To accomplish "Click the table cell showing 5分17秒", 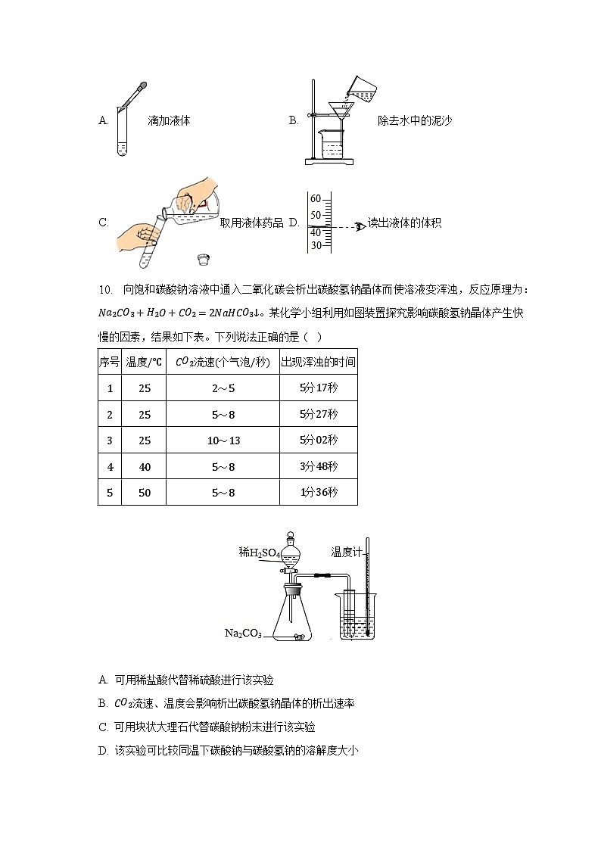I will point(318,388).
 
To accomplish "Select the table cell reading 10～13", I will point(223,441).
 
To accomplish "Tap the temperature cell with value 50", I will point(145,493).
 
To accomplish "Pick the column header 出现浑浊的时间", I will point(318,362).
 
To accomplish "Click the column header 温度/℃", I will point(145,362).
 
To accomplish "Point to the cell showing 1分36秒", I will point(318,493).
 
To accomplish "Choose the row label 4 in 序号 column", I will point(110,467).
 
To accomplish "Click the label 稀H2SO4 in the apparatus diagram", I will point(260,553).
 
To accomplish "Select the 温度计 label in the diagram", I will point(345,552).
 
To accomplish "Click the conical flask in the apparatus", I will point(291,615).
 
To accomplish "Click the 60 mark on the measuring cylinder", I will point(316,199).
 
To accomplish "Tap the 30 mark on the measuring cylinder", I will point(316,245).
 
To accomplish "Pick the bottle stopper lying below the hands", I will point(202,260).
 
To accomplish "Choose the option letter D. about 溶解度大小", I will point(103,750).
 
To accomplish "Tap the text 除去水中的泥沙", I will point(414,120).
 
